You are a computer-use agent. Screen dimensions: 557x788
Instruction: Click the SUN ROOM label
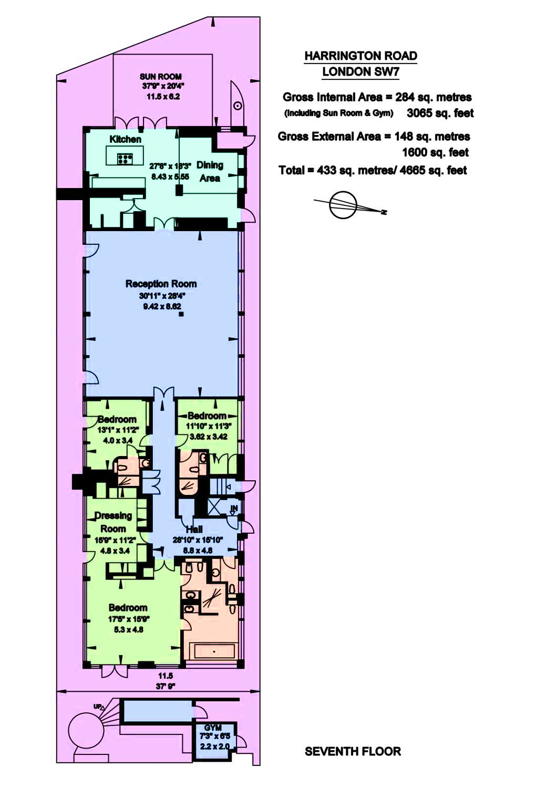(161, 76)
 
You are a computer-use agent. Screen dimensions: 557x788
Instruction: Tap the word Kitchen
(125, 139)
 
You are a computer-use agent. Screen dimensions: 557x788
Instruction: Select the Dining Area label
(210, 172)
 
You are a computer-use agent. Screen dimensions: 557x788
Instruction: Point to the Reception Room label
(161, 284)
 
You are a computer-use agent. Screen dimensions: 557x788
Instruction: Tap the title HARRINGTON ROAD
(360, 56)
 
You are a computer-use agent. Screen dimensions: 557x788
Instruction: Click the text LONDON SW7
(360, 72)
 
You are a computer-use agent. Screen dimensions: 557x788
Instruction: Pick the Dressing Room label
(113, 522)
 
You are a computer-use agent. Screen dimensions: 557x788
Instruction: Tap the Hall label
(194, 529)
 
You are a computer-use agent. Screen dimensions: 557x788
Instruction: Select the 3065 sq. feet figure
(440, 113)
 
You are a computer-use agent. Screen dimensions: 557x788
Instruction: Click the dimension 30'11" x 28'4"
(161, 296)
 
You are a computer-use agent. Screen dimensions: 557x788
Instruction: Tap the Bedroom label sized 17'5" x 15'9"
(128, 608)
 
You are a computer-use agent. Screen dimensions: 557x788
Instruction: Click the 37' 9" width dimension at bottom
(166, 686)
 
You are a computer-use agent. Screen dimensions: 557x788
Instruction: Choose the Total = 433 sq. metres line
(373, 171)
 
